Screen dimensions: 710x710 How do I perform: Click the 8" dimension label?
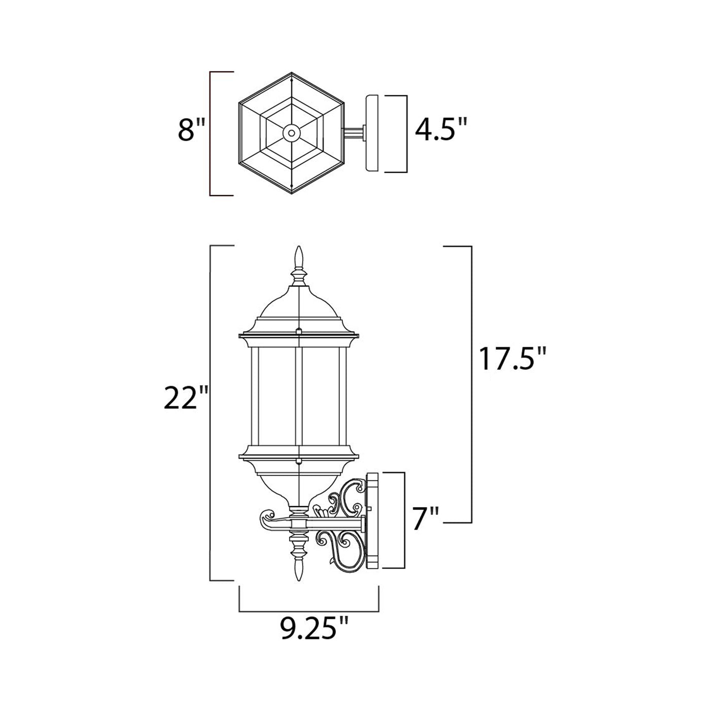click(191, 130)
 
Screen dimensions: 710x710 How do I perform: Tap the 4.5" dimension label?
click(440, 130)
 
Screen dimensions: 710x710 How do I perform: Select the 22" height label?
click(186, 399)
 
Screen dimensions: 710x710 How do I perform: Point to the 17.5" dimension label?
click(513, 359)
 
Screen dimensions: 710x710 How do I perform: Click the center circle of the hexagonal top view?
click(291, 133)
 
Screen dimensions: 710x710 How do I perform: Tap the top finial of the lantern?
click(299, 259)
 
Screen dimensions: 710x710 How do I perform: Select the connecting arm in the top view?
click(354, 133)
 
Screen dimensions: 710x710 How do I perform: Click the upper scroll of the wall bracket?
click(350, 494)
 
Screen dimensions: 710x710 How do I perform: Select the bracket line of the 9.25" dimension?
click(309, 612)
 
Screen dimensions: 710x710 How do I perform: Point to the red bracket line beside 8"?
click(210, 133)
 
